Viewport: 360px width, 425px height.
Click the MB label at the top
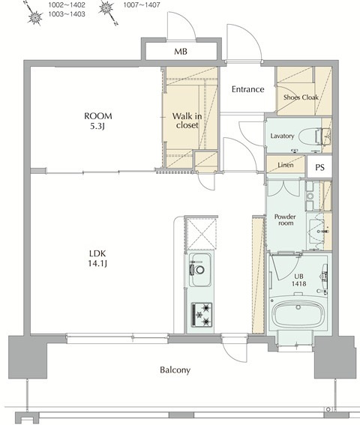(x=181, y=52)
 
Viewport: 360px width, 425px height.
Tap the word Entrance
(x=247, y=89)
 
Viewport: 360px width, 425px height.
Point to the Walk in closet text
(x=186, y=121)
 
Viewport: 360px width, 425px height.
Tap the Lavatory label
(x=282, y=136)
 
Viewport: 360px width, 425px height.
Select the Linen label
(x=285, y=164)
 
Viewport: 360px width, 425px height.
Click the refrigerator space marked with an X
(x=200, y=231)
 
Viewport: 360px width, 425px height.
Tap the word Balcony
(x=174, y=370)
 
